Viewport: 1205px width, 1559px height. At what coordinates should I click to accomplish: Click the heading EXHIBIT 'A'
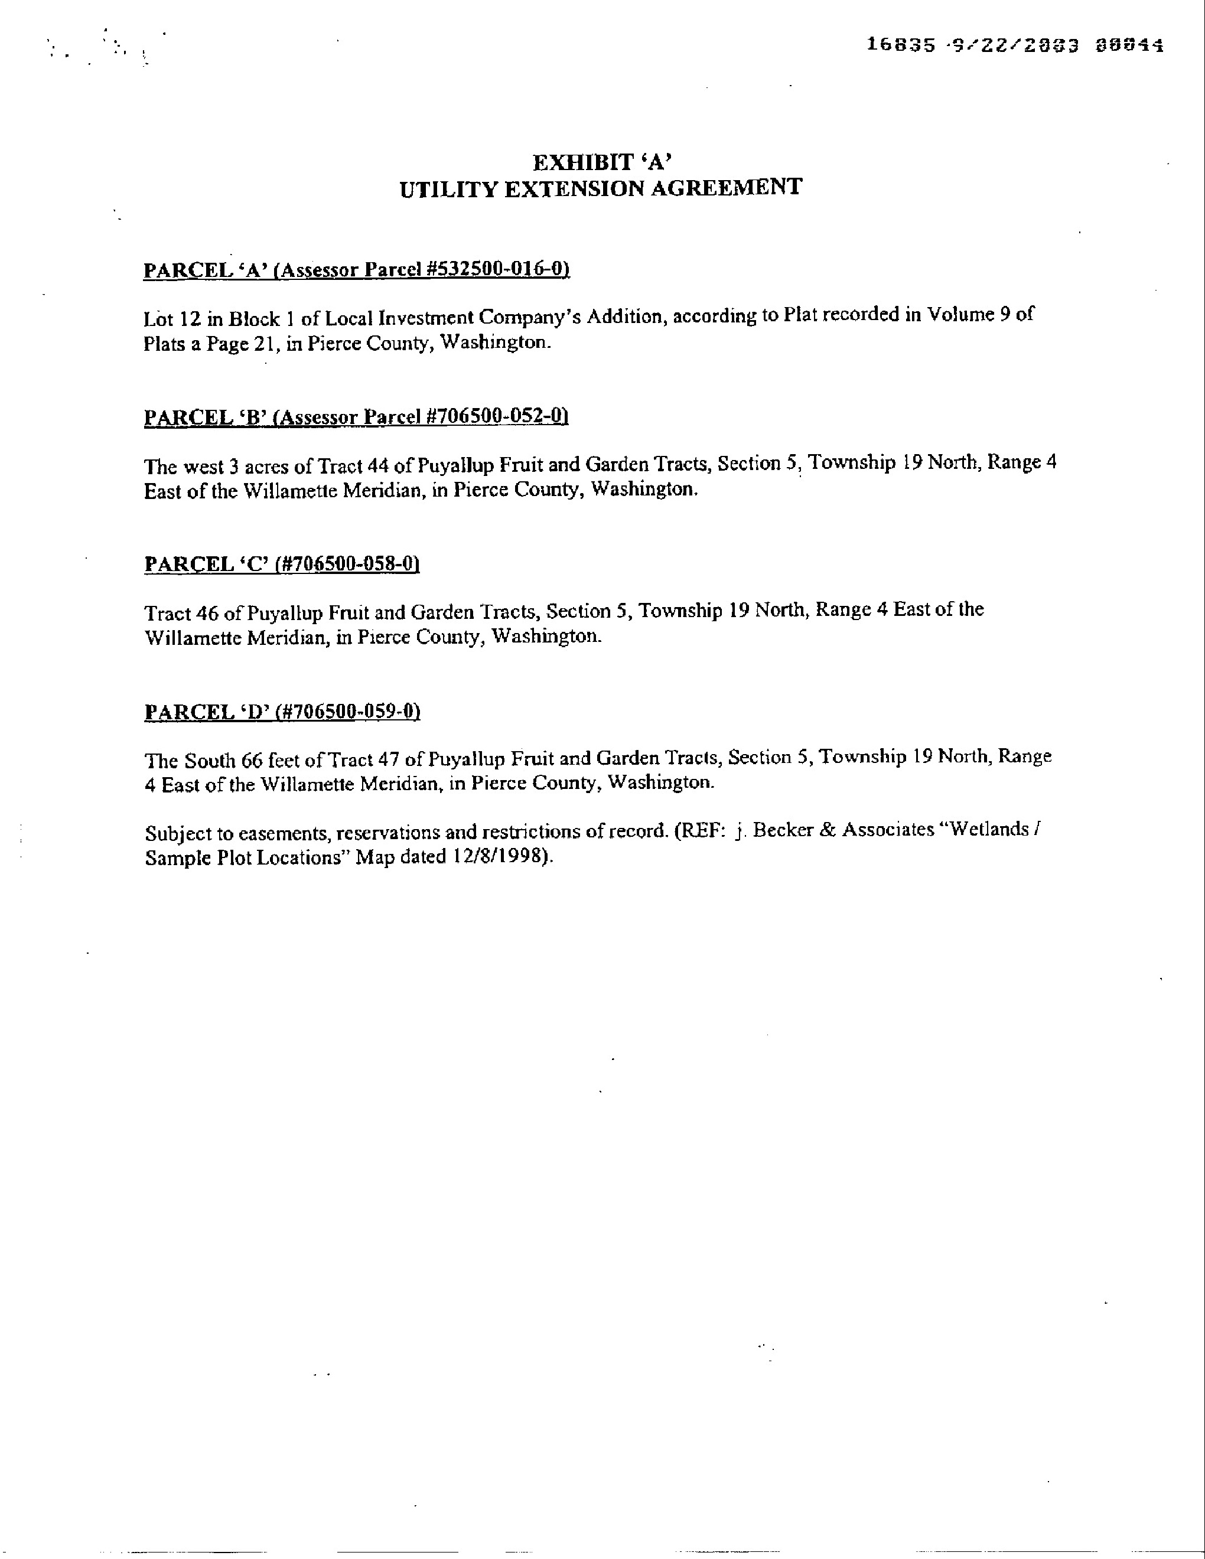[x=601, y=163]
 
